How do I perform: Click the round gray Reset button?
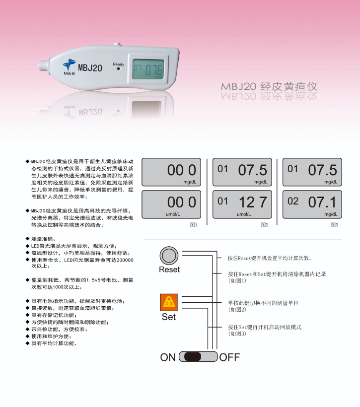point(169,256)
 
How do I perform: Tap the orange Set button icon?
point(169,302)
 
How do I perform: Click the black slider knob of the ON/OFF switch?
point(193,357)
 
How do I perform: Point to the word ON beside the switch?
point(168,357)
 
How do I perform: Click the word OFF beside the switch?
point(229,357)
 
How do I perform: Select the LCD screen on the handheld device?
point(148,69)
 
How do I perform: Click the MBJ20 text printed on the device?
point(90,68)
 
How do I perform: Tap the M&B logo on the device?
point(69,67)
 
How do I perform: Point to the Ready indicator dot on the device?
point(119,69)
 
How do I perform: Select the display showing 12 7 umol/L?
point(242,204)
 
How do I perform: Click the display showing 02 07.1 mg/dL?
point(312,204)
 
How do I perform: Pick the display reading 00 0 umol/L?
point(171,204)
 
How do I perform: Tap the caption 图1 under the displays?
point(194,225)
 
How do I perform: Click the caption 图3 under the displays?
point(335,225)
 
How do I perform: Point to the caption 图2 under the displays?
point(265,225)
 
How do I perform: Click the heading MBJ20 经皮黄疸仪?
point(269,86)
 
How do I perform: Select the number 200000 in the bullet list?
point(125,260)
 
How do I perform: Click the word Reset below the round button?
point(169,270)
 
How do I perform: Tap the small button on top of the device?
point(117,45)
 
